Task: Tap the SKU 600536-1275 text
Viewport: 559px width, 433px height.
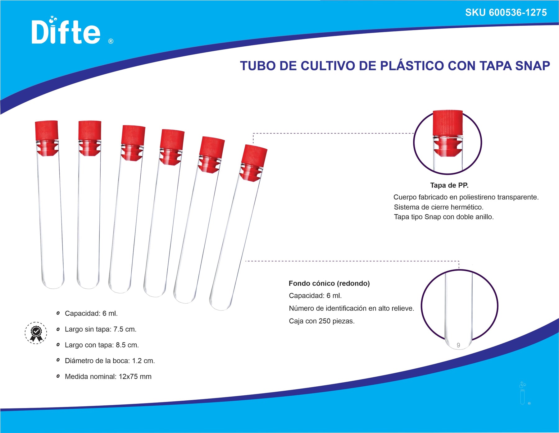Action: (506, 12)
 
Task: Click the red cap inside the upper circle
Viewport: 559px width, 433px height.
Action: (448, 133)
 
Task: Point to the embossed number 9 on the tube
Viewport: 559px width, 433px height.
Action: (458, 345)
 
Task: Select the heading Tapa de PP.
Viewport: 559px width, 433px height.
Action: (449, 185)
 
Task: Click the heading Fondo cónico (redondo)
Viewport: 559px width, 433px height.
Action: (329, 283)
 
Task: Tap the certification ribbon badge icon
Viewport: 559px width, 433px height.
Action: (36, 333)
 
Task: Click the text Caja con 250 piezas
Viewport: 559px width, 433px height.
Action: (322, 321)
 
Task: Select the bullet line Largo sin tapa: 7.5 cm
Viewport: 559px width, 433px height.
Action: (101, 329)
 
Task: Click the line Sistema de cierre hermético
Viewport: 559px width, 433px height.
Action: (439, 207)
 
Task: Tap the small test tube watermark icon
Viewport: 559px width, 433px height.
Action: (523, 393)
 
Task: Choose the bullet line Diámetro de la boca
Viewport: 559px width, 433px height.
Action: (110, 361)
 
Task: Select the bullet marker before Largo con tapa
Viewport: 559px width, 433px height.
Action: (58, 345)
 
